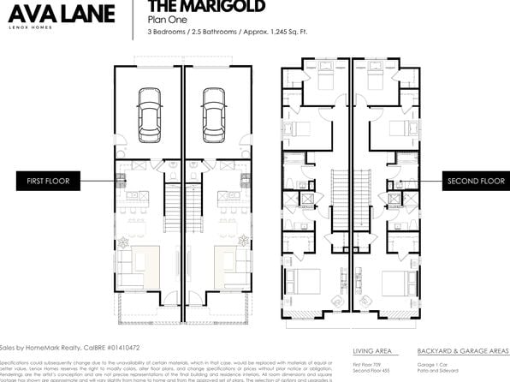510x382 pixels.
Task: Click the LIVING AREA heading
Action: tap(372, 350)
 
